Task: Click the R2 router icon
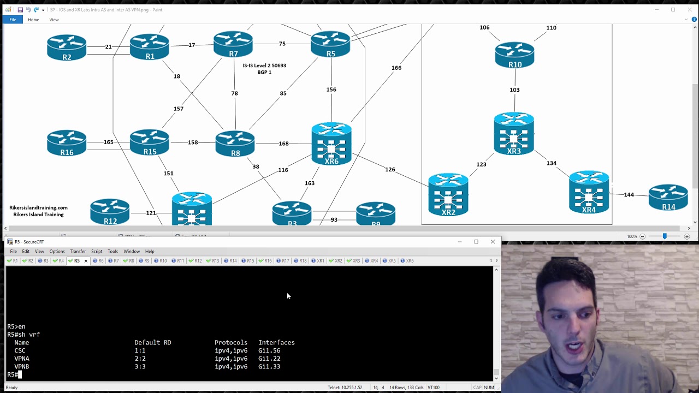coord(67,47)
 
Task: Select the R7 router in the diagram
coord(233,44)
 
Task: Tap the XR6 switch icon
coord(331,143)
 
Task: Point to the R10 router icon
coord(514,55)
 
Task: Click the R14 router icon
coord(668,197)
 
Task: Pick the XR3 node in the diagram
coord(514,133)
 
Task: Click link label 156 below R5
coord(331,90)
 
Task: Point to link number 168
coord(283,144)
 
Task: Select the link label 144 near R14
coord(629,195)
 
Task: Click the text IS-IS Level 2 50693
coord(264,65)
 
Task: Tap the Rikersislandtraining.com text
coord(38,207)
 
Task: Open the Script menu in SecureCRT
coord(97,251)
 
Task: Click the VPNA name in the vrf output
coord(22,359)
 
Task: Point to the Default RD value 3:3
coord(140,367)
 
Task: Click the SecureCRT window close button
coord(493,241)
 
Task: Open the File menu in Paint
coord(13,20)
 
